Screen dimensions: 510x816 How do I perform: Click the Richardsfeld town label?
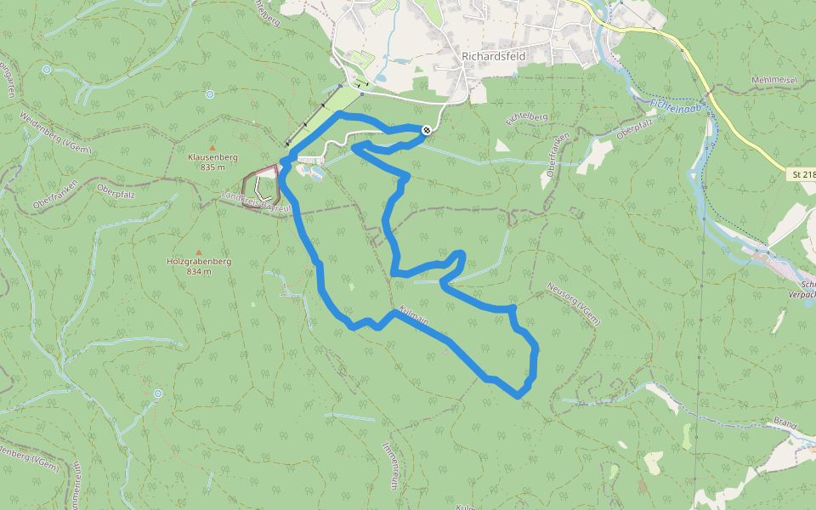click(494, 56)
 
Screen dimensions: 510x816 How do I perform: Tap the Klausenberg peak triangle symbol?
click(212, 147)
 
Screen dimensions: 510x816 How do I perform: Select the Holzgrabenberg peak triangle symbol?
click(200, 252)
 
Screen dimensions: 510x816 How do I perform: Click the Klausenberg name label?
click(212, 157)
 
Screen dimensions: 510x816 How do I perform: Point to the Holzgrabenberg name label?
click(198, 262)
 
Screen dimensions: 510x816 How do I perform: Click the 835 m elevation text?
click(212, 167)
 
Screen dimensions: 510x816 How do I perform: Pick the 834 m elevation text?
click(198, 272)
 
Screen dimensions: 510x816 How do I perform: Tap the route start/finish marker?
click(426, 129)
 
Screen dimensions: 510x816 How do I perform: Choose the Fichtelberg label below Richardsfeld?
click(527, 118)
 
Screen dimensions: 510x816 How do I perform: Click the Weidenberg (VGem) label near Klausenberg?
click(55, 133)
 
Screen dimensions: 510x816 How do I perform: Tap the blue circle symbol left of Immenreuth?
click(158, 394)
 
